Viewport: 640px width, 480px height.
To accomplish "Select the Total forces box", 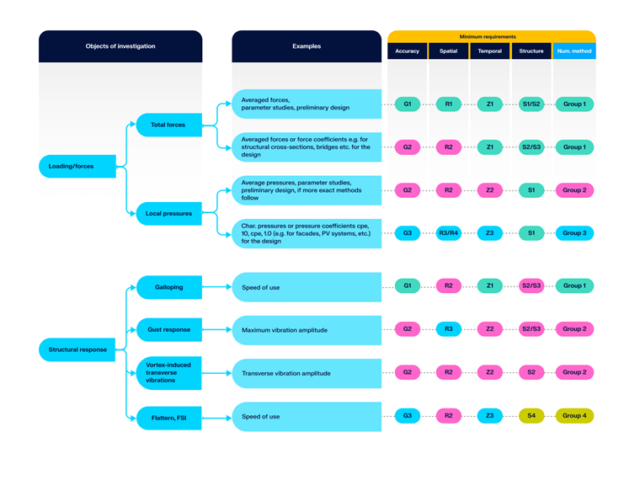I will (x=168, y=125).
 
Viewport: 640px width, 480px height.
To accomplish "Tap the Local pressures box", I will (x=168, y=213).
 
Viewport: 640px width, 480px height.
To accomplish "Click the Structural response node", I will (x=77, y=349).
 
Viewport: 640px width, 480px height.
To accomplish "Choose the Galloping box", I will (x=168, y=287).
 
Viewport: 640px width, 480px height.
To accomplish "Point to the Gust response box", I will (x=168, y=329).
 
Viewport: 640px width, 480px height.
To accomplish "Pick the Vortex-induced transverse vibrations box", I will (x=168, y=373).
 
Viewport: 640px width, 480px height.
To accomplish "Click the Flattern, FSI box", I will (x=168, y=417).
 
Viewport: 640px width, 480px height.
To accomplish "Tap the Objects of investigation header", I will (x=120, y=46).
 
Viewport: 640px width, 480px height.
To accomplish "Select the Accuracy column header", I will (x=407, y=51).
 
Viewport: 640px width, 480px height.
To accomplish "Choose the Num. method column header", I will (x=574, y=51).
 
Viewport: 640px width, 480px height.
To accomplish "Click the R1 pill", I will (x=449, y=104).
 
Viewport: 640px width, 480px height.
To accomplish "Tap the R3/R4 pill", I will (x=449, y=233).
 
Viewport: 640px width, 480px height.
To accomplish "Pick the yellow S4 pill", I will (x=531, y=416).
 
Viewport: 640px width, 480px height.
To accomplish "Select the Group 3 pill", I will (x=574, y=233).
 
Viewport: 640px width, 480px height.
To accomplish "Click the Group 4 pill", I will (x=574, y=416).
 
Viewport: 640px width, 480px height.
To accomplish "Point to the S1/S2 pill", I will (x=531, y=104).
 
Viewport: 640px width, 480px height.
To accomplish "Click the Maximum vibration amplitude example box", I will (x=307, y=330).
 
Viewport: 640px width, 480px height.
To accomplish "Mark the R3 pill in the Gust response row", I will (x=449, y=329).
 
